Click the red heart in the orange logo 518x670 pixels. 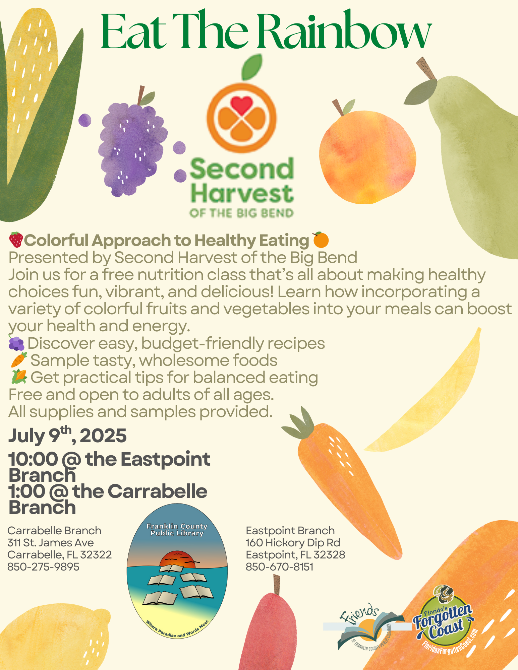click(241, 105)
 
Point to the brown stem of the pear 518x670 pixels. click(425, 69)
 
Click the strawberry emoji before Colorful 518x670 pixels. click(16, 240)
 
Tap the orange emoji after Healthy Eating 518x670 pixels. click(321, 240)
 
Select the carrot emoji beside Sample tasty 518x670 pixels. click(19, 360)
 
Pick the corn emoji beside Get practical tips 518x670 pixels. click(19, 377)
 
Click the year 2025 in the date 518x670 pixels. click(103, 435)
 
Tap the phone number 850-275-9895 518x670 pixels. click(43, 567)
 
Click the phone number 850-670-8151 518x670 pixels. click(280, 567)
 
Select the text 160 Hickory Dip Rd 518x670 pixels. click(293, 543)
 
